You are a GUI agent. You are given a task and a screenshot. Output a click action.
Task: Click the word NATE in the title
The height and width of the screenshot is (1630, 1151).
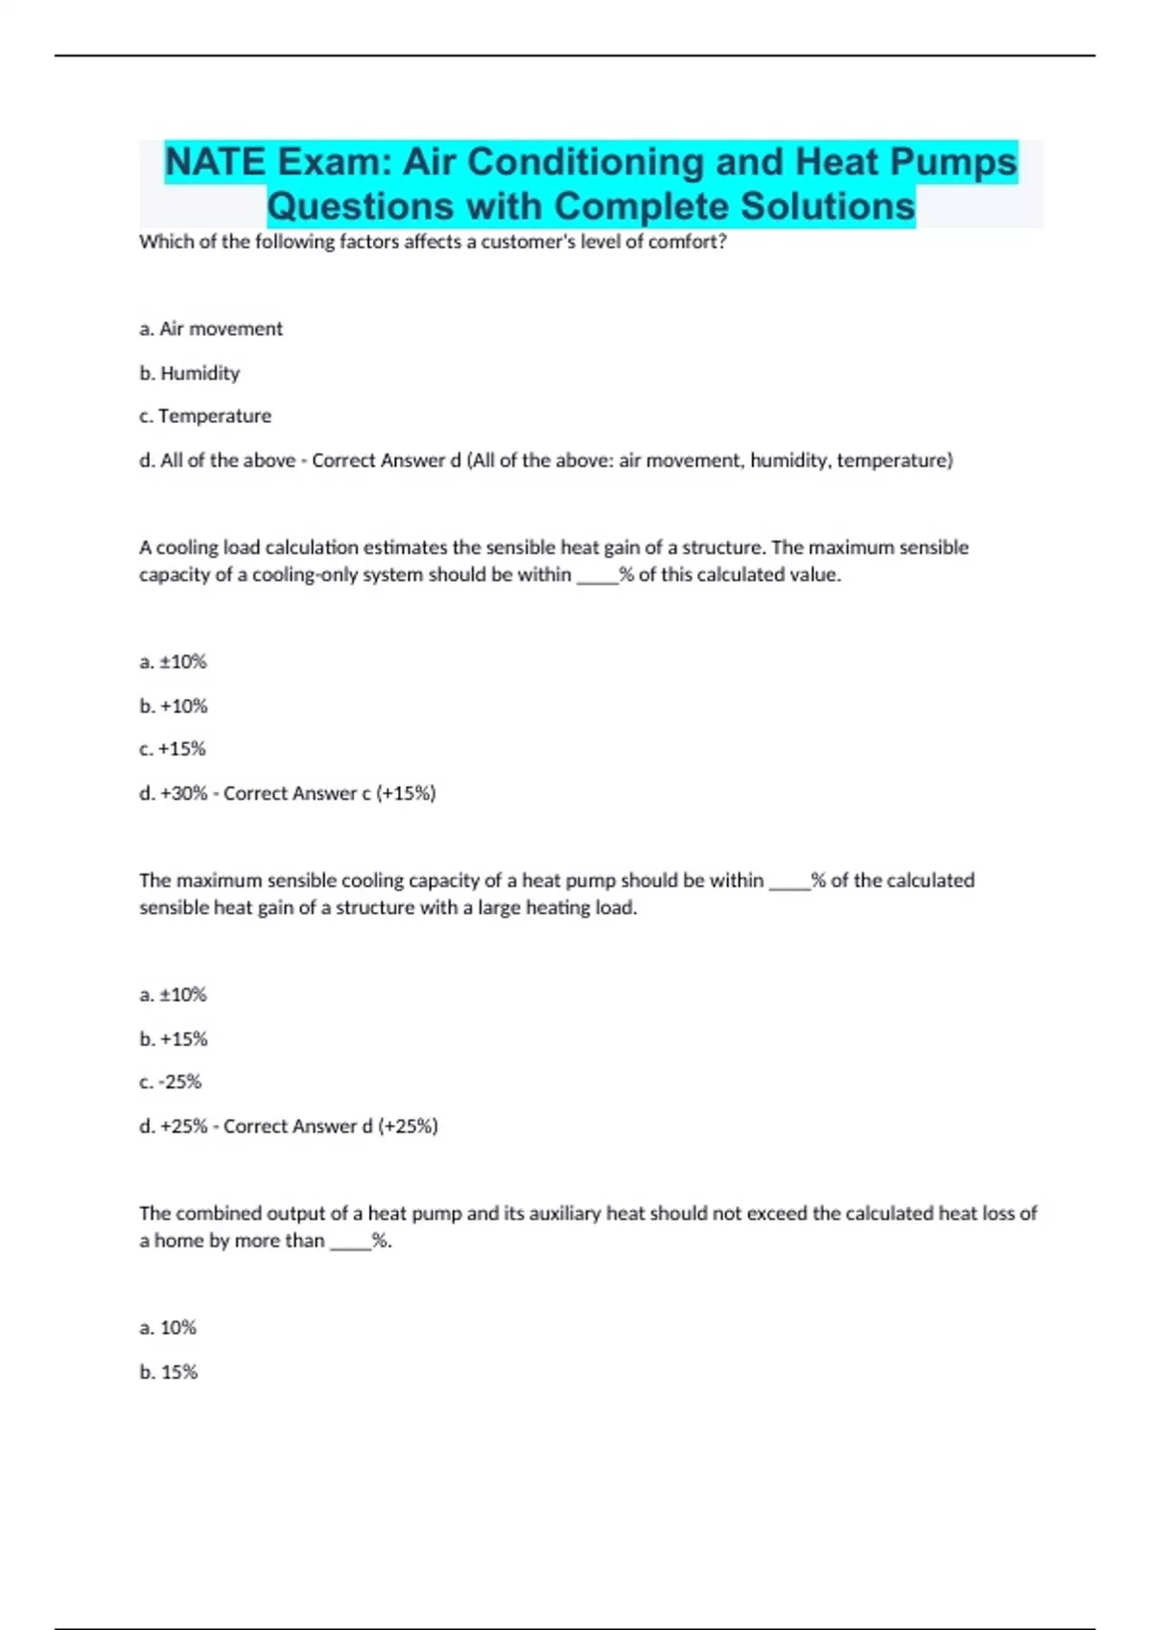click(x=214, y=162)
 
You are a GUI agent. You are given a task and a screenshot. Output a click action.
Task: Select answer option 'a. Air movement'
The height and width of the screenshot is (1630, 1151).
click(x=211, y=329)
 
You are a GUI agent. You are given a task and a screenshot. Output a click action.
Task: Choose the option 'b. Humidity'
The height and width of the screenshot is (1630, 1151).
click(x=189, y=373)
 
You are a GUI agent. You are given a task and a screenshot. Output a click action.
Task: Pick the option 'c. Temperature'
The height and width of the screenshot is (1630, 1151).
click(x=205, y=416)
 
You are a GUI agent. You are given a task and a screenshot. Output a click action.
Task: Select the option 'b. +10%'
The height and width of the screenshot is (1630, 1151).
click(x=173, y=706)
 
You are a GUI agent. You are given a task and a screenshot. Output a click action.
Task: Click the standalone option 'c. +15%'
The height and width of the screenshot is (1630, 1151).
click(x=172, y=749)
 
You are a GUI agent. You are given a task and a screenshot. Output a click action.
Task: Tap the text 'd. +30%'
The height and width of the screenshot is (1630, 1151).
click(x=173, y=793)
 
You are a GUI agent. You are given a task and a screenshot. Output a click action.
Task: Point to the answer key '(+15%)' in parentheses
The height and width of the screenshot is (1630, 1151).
click(x=406, y=793)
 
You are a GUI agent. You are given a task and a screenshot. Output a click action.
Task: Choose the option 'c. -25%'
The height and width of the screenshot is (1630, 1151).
click(x=170, y=1082)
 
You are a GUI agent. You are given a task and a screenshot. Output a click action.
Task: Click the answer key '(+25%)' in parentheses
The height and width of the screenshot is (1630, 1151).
click(x=408, y=1126)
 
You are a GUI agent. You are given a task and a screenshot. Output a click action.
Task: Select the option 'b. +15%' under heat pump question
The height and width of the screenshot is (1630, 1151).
click(x=173, y=1038)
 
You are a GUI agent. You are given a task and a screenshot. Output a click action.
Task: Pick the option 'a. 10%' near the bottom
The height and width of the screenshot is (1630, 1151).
click(x=168, y=1327)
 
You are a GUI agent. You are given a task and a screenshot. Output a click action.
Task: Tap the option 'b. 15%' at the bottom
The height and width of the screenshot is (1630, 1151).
click(x=168, y=1372)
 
